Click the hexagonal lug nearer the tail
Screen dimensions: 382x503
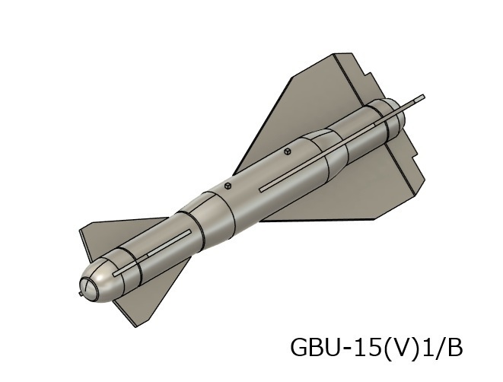(288, 151)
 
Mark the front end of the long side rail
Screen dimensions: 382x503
(262, 187)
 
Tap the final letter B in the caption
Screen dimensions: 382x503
(453, 348)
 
